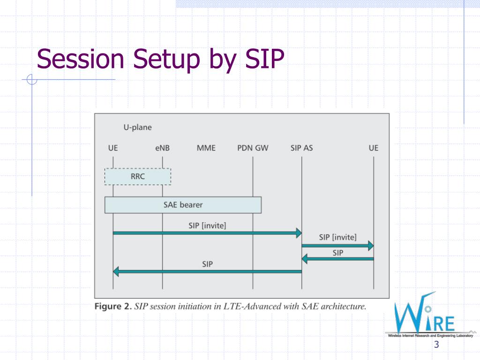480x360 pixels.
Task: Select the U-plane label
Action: pyautogui.click(x=137, y=127)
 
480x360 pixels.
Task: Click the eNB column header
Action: pyautogui.click(x=163, y=148)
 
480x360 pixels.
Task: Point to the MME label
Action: pyautogui.click(x=206, y=148)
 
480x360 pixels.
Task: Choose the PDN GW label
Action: pyautogui.click(x=253, y=148)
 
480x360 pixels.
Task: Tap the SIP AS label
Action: pyautogui.click(x=301, y=148)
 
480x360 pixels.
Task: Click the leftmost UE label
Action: pyautogui.click(x=113, y=148)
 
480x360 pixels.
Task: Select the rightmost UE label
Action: pyautogui.click(x=373, y=148)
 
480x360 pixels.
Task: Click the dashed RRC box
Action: pyautogui.click(x=138, y=177)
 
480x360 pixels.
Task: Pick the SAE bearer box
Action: pyautogui.click(x=183, y=205)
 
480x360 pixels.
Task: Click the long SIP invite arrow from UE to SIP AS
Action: pyautogui.click(x=207, y=232)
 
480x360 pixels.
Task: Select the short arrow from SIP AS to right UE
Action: pyautogui.click(x=337, y=245)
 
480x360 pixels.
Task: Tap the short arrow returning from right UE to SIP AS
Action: pyautogui.click(x=337, y=258)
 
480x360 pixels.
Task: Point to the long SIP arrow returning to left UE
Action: pyautogui.click(x=207, y=271)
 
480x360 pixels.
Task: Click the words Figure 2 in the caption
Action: pyautogui.click(x=112, y=307)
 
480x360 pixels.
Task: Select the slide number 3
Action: pyautogui.click(x=436, y=345)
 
